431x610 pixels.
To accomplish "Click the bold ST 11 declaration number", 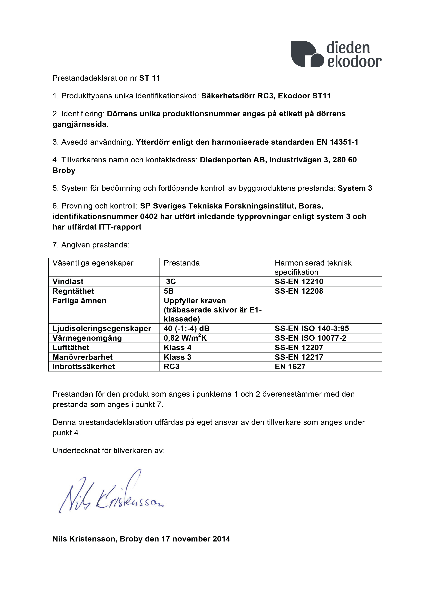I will (149, 78).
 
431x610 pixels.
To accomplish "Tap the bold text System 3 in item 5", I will (355, 188).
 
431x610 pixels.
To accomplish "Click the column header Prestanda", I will (182, 263).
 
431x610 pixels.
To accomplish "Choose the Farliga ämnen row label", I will (79, 301).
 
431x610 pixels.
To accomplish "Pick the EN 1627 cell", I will (290, 367).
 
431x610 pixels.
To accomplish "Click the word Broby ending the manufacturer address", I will (64, 171).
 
